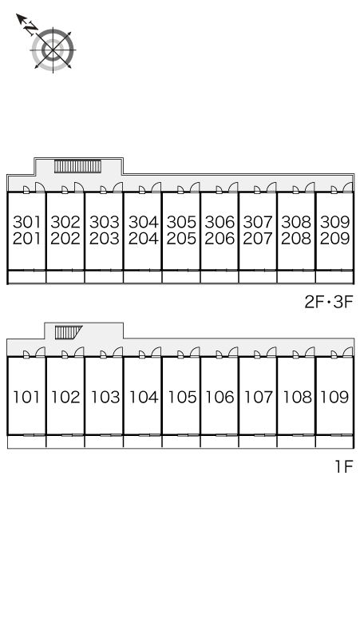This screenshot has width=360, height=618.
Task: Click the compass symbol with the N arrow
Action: [x=49, y=46]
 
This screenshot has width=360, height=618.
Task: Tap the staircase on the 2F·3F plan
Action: [x=77, y=166]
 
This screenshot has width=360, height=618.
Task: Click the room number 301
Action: [x=27, y=222]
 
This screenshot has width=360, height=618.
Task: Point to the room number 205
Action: [x=181, y=239]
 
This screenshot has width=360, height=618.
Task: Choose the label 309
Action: [x=334, y=222]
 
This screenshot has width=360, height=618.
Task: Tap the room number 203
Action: [x=104, y=239]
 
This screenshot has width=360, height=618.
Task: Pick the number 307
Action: [x=258, y=222]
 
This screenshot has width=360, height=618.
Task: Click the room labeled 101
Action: [x=27, y=397]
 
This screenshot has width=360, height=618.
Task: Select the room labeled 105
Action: [x=182, y=397]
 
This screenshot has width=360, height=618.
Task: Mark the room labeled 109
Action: [x=334, y=397]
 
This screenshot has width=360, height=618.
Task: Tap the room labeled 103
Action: [x=105, y=397]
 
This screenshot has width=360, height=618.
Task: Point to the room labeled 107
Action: [x=259, y=397]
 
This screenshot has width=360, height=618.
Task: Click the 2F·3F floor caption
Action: [x=328, y=303]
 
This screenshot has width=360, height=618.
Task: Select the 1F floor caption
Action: [x=343, y=466]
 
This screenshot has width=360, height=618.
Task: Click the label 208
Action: [x=296, y=239]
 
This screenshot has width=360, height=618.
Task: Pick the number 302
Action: [x=65, y=222]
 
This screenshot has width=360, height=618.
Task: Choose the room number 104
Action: [x=144, y=397]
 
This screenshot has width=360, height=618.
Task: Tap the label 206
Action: [x=220, y=239]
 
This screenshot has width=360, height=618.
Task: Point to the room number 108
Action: [x=297, y=397]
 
